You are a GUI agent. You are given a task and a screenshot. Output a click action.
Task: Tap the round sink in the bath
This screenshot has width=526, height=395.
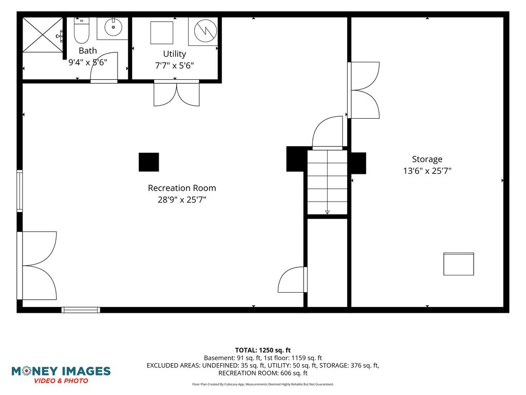point(113,27)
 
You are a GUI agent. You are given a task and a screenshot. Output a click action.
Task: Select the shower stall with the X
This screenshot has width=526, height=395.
point(43,35)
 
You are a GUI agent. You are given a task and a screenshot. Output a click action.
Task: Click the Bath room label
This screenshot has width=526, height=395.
point(88,51)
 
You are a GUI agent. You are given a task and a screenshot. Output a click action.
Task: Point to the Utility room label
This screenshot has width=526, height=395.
point(175,53)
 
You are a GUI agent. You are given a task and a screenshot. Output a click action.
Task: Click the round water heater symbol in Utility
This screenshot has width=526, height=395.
point(205,30)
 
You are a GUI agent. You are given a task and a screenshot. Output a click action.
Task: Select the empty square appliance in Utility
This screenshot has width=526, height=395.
point(162,32)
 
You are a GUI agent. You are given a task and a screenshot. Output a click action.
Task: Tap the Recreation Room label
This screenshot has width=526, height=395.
point(182,188)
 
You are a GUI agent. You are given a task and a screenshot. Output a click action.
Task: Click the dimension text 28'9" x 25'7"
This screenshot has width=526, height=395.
point(182,200)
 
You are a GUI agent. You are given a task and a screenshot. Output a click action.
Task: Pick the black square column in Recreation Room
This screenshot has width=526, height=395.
point(149,162)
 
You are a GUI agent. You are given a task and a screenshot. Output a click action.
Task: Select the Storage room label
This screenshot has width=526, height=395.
point(427,159)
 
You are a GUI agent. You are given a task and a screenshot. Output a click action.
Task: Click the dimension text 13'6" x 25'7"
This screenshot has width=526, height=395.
point(427,171)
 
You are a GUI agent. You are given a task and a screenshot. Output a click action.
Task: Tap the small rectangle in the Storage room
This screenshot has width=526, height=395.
point(459,264)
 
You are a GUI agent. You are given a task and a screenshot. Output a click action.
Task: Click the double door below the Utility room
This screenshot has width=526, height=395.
point(177,93)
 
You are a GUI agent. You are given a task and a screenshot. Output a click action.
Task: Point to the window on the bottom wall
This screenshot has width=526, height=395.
point(81,310)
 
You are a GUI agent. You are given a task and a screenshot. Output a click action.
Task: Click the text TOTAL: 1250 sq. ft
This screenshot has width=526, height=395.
point(263,350)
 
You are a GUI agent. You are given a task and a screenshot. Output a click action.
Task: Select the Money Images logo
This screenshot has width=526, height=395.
point(61,375)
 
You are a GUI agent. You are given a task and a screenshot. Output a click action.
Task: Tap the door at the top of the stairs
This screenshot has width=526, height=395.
point(328,133)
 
